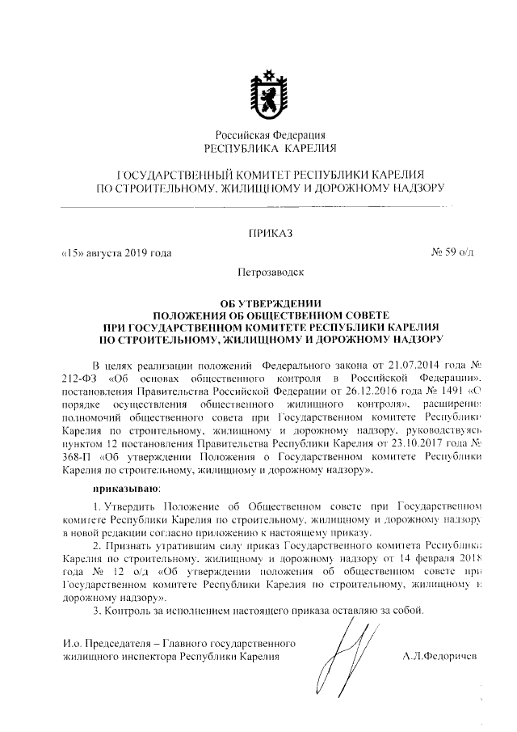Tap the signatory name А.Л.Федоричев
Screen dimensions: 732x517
point(440,657)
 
